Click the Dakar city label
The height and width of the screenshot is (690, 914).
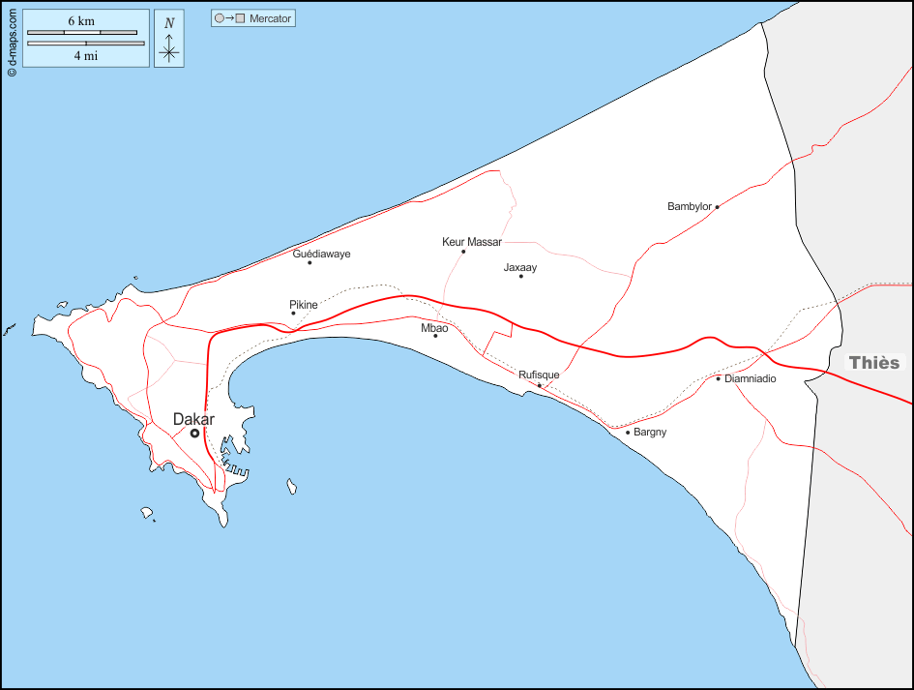click(x=193, y=419)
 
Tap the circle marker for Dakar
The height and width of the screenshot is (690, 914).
click(x=194, y=434)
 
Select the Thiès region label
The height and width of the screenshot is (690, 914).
click(x=873, y=363)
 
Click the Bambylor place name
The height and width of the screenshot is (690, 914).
click(x=690, y=206)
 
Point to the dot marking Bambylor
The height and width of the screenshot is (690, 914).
click(x=717, y=206)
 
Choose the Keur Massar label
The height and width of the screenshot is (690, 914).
click(x=472, y=242)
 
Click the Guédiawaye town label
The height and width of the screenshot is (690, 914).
click(x=321, y=254)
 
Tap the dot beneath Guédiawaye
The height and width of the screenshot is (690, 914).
click(x=310, y=262)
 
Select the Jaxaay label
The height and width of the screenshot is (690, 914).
click(x=520, y=267)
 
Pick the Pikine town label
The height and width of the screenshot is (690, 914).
click(x=304, y=305)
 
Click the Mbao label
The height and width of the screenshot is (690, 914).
click(x=434, y=328)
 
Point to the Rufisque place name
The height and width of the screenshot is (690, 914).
click(x=539, y=375)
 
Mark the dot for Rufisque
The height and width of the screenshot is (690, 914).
click(x=540, y=385)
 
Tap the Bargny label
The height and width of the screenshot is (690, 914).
click(x=650, y=432)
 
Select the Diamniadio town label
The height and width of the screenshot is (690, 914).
click(x=751, y=378)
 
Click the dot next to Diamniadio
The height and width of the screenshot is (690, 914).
click(x=718, y=378)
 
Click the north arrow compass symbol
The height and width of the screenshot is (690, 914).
click(x=169, y=46)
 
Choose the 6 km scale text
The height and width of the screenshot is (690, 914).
click(x=81, y=21)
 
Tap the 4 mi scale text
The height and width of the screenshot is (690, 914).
click(x=85, y=55)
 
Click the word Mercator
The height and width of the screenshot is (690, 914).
click(x=270, y=18)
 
